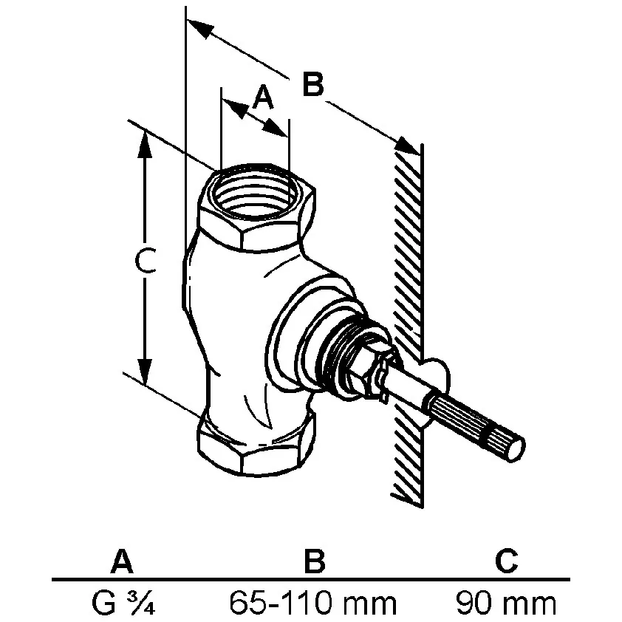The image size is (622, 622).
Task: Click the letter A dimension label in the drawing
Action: tap(264, 98)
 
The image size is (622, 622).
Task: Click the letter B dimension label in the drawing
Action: tap(313, 83)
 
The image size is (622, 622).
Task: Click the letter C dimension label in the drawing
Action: tap(146, 261)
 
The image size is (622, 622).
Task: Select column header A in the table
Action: tap(122, 561)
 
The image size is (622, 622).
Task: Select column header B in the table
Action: tap(315, 561)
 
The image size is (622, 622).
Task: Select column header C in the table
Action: tap(507, 561)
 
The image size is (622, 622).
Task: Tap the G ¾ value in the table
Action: tap(123, 603)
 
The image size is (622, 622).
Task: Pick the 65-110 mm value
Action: tap(313, 603)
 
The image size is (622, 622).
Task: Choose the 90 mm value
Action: tap(506, 603)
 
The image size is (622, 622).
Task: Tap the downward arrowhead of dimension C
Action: tap(145, 371)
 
